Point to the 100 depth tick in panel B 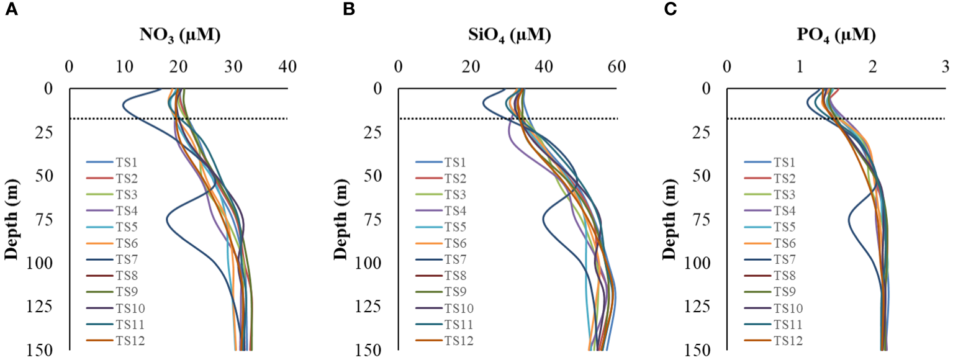374,264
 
